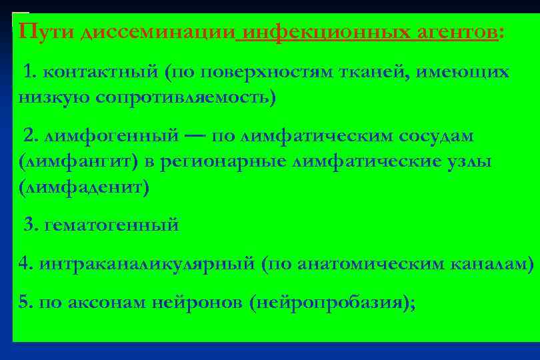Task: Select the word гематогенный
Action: pos(111,225)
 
